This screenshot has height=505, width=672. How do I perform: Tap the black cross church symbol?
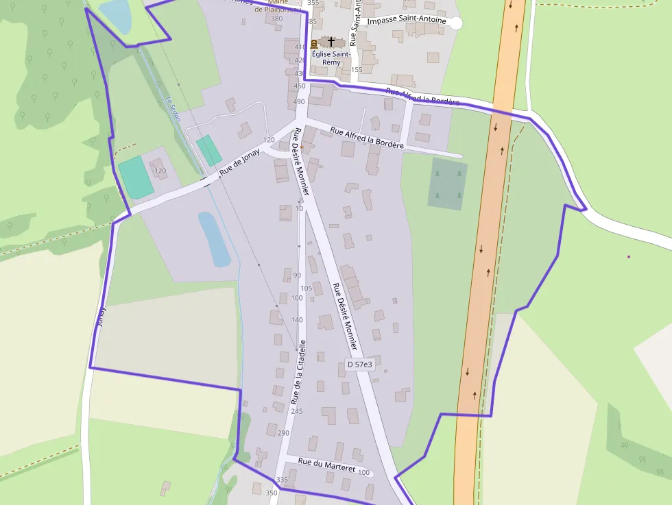tap(333, 42)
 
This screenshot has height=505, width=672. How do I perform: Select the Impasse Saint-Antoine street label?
tap(407, 21)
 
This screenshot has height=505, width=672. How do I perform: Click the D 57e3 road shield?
tap(359, 365)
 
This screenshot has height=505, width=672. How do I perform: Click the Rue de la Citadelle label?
tap(300, 371)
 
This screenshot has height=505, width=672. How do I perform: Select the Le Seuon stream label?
tap(173, 108)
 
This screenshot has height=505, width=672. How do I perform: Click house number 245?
tap(296, 411)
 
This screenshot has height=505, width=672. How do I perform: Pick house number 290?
tap(283, 433)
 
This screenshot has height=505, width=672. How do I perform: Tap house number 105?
tap(306, 288)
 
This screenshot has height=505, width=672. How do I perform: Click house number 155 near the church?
tap(356, 70)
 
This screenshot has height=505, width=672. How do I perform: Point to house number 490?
tap(299, 102)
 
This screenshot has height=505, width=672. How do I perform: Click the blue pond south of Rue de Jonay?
tap(214, 238)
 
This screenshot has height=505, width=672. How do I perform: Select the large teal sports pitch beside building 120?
tap(135, 177)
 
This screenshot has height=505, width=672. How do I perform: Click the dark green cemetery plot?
tap(448, 183)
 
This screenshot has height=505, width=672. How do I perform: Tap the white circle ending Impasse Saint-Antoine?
tap(455, 23)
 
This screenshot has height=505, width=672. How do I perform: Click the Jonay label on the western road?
tap(101, 316)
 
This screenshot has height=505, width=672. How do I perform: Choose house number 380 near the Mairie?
tap(277, 19)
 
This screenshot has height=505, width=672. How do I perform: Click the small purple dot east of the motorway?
tap(629, 257)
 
